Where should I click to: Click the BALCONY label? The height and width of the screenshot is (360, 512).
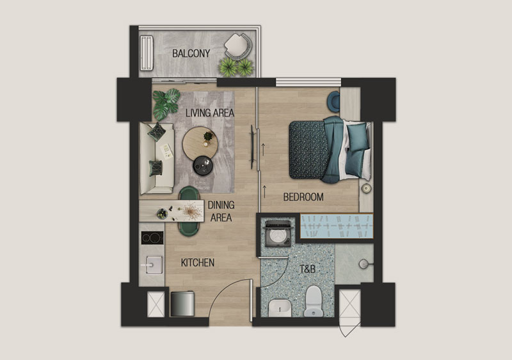(191, 53)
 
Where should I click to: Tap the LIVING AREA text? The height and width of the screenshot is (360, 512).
(210, 113)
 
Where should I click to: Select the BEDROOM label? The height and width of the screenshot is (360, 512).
(303, 197)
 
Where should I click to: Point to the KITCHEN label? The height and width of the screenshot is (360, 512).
(198, 263)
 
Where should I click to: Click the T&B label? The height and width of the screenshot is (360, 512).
(308, 269)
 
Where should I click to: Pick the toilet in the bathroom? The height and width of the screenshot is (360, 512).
(314, 301)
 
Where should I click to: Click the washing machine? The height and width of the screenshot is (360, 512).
(278, 234)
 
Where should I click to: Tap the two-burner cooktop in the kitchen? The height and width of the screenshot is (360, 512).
(152, 238)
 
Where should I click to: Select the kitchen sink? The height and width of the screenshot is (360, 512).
(154, 265)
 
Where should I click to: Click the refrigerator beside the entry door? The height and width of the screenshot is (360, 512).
(182, 304)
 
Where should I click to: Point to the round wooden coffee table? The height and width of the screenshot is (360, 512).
(200, 143)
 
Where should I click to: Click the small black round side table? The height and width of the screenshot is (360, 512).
(203, 166)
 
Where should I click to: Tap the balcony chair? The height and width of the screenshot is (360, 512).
(238, 46)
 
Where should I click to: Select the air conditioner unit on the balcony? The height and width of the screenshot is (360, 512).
(147, 53)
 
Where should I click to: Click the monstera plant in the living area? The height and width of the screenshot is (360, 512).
(166, 104)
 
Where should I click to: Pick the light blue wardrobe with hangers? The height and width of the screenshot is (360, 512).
(337, 226)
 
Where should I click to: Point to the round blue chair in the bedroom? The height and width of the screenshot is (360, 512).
(334, 102)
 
